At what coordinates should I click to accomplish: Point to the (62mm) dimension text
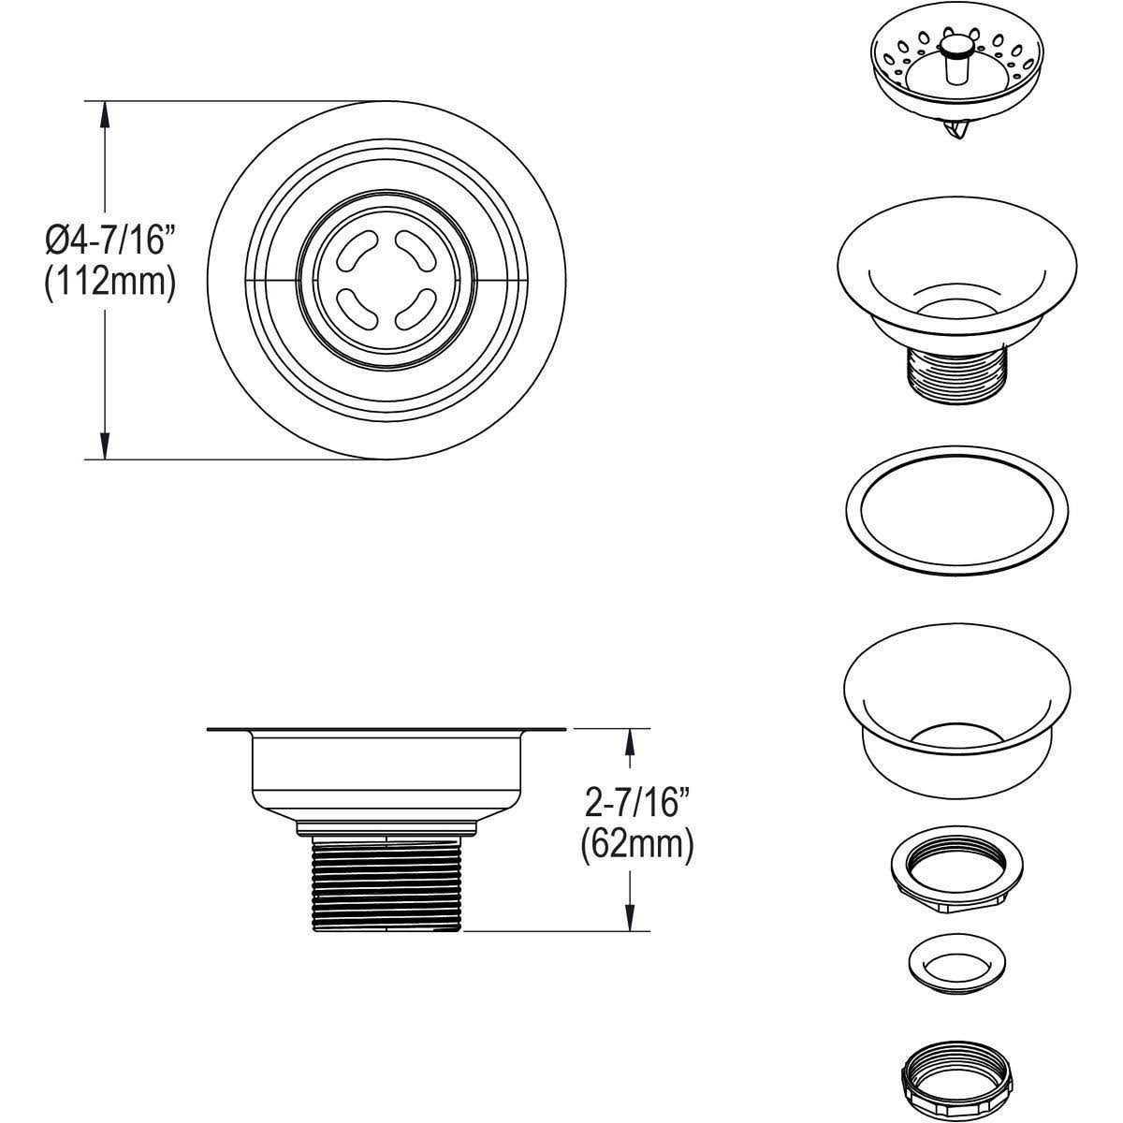637,846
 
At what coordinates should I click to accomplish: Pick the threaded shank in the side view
386,883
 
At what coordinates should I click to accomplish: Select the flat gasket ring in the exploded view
957,511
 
